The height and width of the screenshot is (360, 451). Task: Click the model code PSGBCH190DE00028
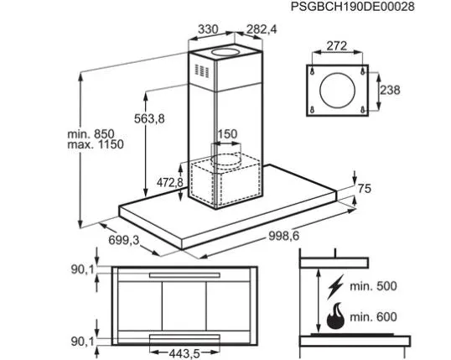(x=353, y=7)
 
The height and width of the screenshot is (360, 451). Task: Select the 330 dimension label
(x=208, y=29)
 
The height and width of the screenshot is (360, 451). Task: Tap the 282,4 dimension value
(x=262, y=29)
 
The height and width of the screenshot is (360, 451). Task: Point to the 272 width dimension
(x=337, y=46)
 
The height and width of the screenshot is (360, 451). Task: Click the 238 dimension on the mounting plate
(x=391, y=90)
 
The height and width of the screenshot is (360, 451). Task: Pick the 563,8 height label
(x=149, y=118)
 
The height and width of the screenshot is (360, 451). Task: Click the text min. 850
(x=91, y=134)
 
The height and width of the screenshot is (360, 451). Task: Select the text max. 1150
(x=96, y=144)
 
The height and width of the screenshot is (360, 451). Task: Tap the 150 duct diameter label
(x=227, y=134)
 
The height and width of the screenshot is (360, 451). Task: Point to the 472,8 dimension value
(x=169, y=182)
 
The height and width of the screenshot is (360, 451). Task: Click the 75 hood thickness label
(x=365, y=189)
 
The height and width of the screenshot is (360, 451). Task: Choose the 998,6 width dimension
(x=284, y=236)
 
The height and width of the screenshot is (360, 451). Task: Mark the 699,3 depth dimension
(x=124, y=240)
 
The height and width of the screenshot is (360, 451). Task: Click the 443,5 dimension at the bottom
(x=184, y=353)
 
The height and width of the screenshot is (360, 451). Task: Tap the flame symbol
(x=335, y=316)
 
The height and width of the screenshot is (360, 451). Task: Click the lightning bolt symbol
(x=335, y=287)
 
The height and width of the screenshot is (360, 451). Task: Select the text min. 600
(x=373, y=317)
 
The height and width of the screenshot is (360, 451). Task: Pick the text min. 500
(x=373, y=286)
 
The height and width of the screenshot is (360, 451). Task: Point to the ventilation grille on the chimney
(x=202, y=70)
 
